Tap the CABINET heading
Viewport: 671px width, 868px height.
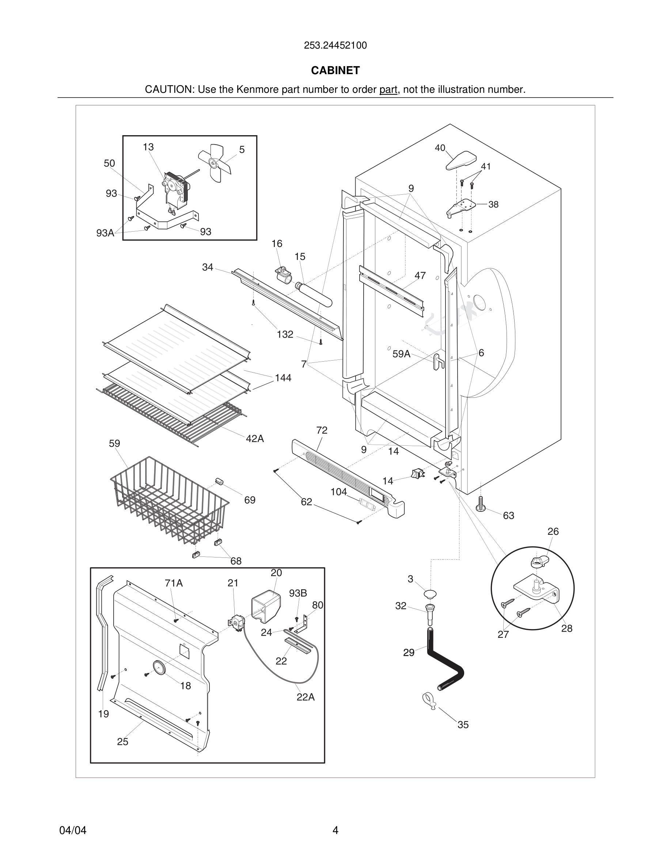[x=335, y=71]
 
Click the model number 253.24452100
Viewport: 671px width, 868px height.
[x=335, y=46]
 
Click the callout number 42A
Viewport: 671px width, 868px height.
[x=255, y=439]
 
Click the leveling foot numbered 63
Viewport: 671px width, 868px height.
[x=481, y=505]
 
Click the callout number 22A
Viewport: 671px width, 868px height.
[x=305, y=697]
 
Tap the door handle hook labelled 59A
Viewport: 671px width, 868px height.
[x=438, y=361]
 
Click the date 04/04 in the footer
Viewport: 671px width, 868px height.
[x=73, y=830]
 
